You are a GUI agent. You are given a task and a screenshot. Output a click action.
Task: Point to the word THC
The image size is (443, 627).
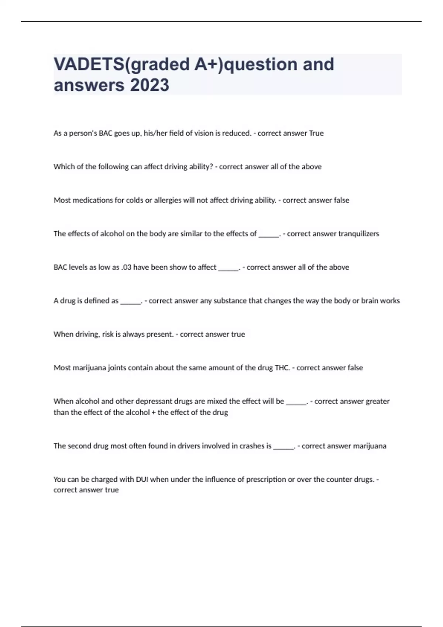pyautogui.click(x=282, y=368)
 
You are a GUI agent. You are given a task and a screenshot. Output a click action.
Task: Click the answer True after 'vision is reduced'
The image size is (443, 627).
pyautogui.click(x=316, y=133)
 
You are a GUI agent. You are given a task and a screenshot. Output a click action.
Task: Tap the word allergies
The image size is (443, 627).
pyautogui.click(x=168, y=200)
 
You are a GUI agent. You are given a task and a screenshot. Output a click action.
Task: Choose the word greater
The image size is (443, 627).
pyautogui.click(x=377, y=401)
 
